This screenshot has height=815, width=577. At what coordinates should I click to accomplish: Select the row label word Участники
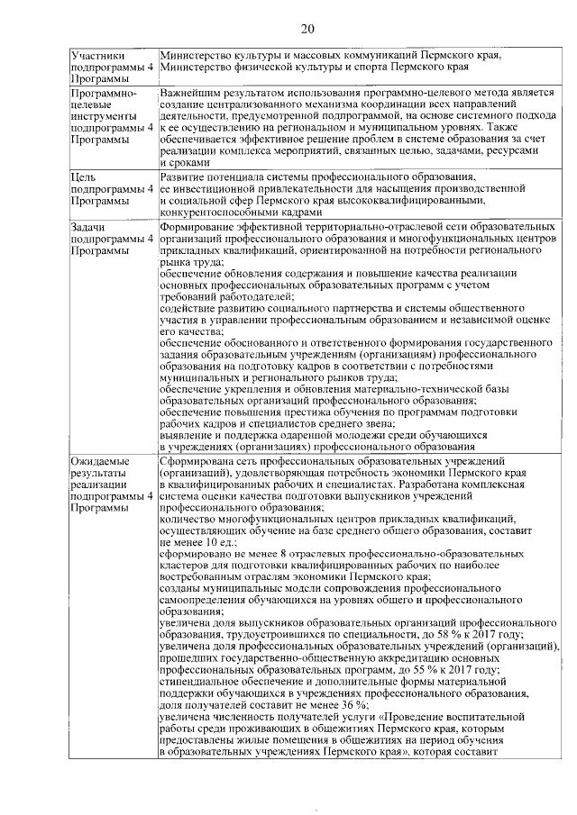[96, 56]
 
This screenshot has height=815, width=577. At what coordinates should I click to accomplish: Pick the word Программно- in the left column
[103, 94]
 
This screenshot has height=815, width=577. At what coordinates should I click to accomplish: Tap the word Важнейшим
[192, 94]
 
